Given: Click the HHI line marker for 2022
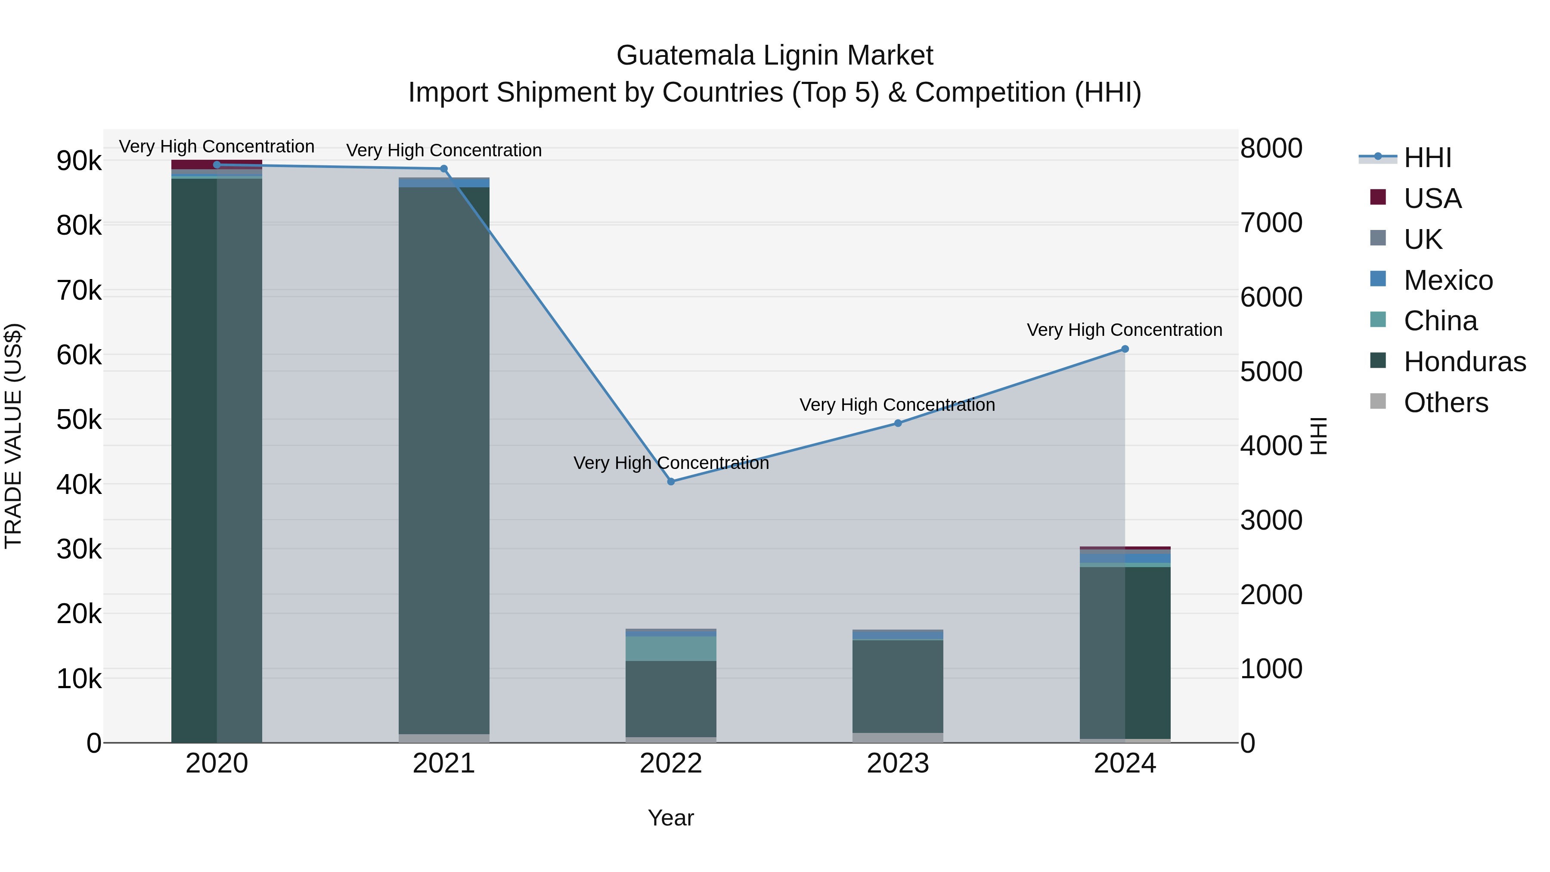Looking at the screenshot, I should pos(671,481).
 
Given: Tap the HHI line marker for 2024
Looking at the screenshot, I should pos(1125,349).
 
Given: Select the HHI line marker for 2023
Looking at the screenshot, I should pos(898,423).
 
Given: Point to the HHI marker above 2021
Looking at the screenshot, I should pos(444,168).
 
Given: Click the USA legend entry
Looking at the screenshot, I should pos(1432,199).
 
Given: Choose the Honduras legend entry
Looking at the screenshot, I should pos(1465,362).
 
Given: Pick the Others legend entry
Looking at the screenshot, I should pos(1445,403).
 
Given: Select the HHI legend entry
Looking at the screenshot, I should pos(1427,158).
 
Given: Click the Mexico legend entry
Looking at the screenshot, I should pos(1448,280).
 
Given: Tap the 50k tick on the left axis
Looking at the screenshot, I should pos(79,419).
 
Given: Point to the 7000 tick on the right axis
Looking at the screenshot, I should pos(1271,223).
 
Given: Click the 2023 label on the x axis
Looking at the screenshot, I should pos(898,763).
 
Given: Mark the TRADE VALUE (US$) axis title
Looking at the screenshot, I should pos(13,436).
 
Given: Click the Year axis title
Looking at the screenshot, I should pos(670,818).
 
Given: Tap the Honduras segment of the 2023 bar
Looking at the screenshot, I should pos(898,686).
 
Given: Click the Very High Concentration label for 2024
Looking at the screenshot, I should pos(1124,330).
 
